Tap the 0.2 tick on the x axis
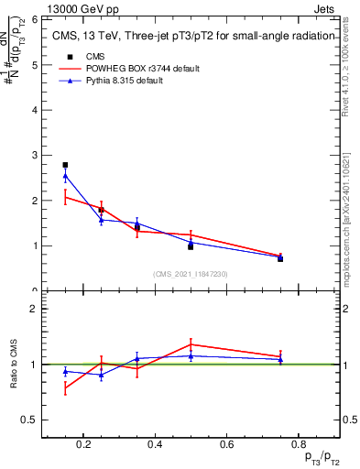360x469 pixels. (83, 445)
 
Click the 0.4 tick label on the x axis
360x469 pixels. (154, 445)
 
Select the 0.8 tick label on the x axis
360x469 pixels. (296, 445)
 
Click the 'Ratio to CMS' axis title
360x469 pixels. (15, 365)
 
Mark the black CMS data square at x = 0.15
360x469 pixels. (65, 165)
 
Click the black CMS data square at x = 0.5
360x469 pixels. (190, 246)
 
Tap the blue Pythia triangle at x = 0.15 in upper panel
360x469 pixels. (65, 175)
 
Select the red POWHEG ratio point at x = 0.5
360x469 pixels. (190, 344)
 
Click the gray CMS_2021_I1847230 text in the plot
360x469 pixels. (191, 273)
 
